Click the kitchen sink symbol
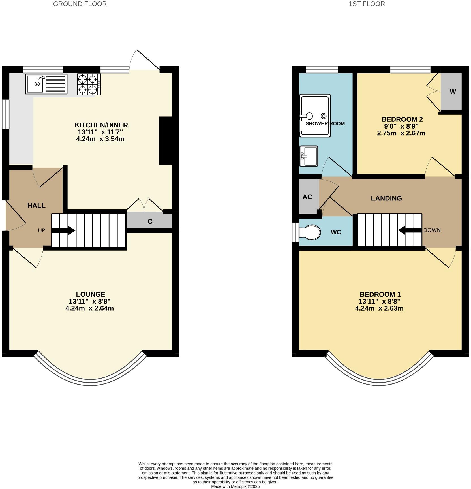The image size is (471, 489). click(x=46, y=84)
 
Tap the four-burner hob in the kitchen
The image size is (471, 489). click(x=89, y=84)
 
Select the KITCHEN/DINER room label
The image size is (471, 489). click(x=101, y=125)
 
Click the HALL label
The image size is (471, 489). click(x=36, y=206)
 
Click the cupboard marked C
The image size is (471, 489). click(x=150, y=221)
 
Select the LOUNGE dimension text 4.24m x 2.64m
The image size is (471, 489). click(x=89, y=308)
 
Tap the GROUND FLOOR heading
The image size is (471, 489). click(x=80, y=4)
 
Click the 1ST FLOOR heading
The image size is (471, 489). click(x=367, y=4)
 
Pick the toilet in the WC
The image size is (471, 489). click(x=310, y=232)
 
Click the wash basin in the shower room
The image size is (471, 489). click(x=309, y=156)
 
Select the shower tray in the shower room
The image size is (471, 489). click(x=315, y=116)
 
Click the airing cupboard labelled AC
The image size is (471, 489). click(x=307, y=197)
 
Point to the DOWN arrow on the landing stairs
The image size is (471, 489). click(x=410, y=230)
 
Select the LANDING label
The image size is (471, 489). click(x=386, y=198)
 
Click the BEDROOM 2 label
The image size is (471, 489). click(x=402, y=119)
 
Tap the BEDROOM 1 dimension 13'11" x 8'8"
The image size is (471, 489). click(x=379, y=302)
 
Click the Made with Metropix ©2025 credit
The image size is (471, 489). click(x=235, y=486)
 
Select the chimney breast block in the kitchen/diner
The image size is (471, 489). click(x=165, y=140)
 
